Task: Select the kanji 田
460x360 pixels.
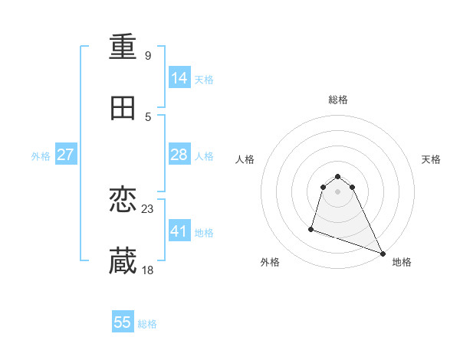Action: pos(123,109)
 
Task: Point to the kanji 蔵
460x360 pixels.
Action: pos(123,261)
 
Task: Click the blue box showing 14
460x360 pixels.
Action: pos(179,78)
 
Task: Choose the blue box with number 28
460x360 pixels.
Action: pos(179,155)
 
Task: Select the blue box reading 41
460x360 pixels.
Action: pos(179,231)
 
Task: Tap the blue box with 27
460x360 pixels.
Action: pos(66,155)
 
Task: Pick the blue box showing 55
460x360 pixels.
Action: pos(123,322)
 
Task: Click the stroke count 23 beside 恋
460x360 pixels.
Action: pos(148,208)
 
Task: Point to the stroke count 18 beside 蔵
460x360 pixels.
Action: pos(148,270)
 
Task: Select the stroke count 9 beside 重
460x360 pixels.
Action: pos(148,56)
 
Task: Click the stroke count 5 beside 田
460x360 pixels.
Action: pos(148,117)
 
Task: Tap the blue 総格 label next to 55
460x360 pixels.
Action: pos(147,324)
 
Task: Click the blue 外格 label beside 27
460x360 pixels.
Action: pos(41,156)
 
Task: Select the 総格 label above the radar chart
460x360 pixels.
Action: pos(338,100)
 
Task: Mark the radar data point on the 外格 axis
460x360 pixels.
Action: pos(311,228)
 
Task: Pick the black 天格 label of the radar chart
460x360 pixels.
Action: pos(432,159)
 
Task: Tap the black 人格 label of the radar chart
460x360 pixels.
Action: pos(245,159)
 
